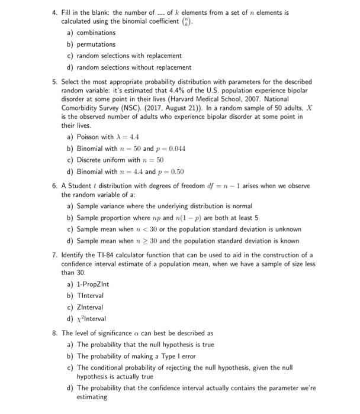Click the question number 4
point(54,13)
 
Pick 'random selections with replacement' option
point(130,56)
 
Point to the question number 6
point(54,186)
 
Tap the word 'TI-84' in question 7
point(98,255)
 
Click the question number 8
point(54,333)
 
